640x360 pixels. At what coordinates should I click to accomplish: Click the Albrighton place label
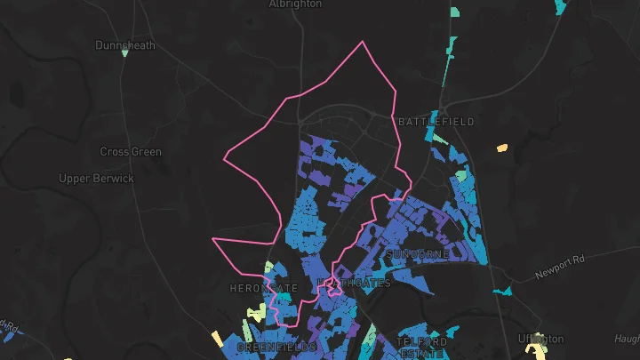[x=295, y=4]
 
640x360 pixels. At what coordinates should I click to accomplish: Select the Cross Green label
[x=131, y=151]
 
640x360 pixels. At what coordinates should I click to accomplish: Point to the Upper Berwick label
[x=96, y=178]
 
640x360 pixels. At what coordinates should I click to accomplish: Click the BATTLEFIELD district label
[x=436, y=121]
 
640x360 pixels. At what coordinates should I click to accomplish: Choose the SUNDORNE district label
[x=418, y=254]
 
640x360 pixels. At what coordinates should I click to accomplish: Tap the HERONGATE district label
[x=264, y=289]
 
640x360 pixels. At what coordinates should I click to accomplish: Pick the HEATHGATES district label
[x=354, y=284]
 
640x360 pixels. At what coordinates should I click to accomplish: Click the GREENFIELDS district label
[x=276, y=347]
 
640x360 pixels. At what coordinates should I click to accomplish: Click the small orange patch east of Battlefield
[x=501, y=148]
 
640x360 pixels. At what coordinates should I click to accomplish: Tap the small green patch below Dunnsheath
[x=124, y=53]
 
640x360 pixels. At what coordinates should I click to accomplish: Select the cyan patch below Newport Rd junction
[x=503, y=291]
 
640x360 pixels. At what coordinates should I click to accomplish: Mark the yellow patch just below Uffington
[x=538, y=352]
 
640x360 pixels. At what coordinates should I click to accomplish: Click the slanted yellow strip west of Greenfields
[x=217, y=339]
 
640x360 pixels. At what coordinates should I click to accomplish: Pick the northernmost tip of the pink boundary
[x=362, y=42]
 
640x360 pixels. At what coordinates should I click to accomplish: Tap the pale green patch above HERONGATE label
[x=268, y=268]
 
